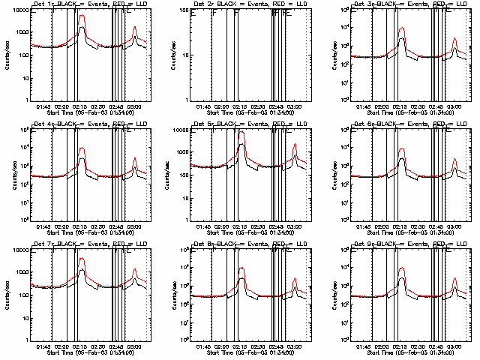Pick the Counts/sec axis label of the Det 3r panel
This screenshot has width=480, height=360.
point(326,54)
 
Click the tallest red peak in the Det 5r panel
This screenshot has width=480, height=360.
point(241,133)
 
